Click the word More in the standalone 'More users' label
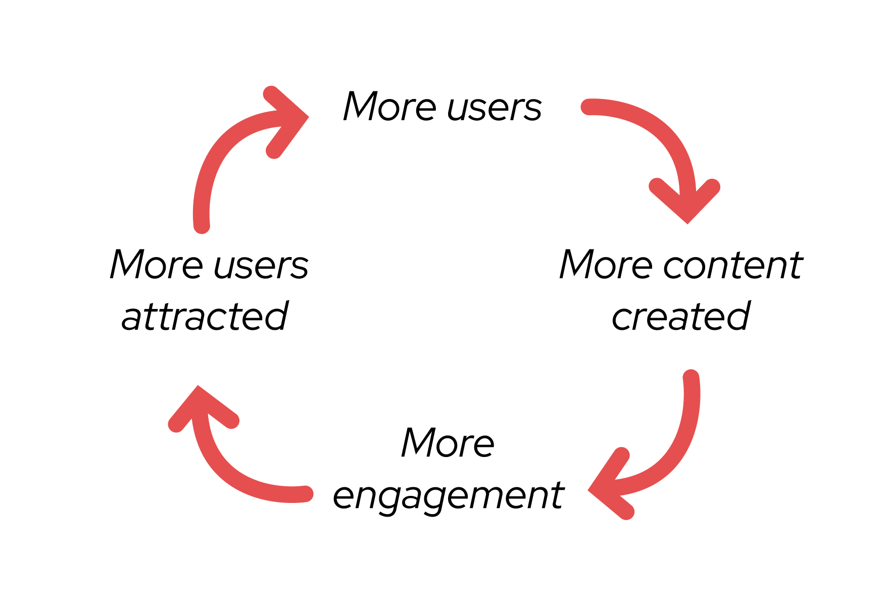point(389,107)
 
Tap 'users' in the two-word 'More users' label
point(495,108)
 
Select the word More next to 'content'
point(606,265)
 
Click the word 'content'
point(733,266)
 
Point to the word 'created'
point(681,317)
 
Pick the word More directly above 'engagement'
point(448,443)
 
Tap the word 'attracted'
point(205,317)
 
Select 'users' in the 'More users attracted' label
point(261,266)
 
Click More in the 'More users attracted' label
point(156,265)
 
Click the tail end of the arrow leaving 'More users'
point(588,107)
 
